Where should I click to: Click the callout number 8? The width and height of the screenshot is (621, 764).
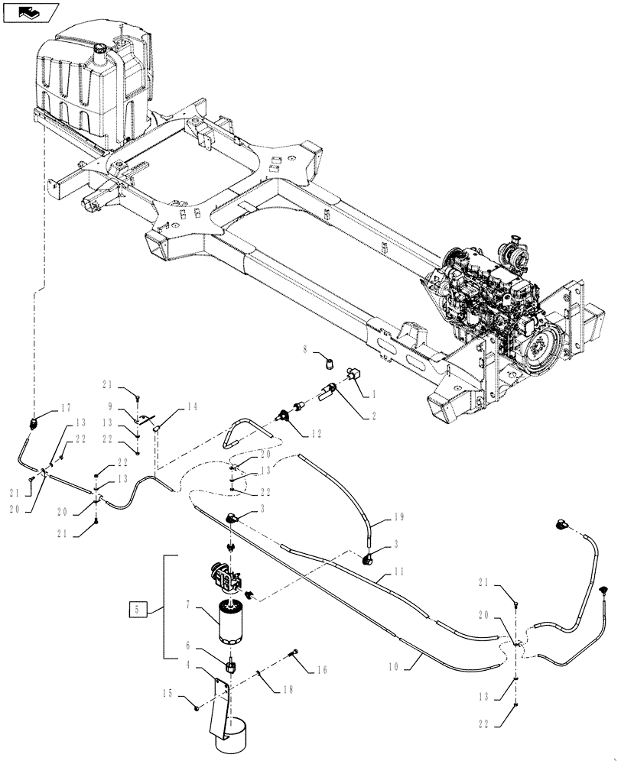306,350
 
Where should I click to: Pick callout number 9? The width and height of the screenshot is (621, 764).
111,407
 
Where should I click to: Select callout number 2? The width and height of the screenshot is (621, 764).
374,417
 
